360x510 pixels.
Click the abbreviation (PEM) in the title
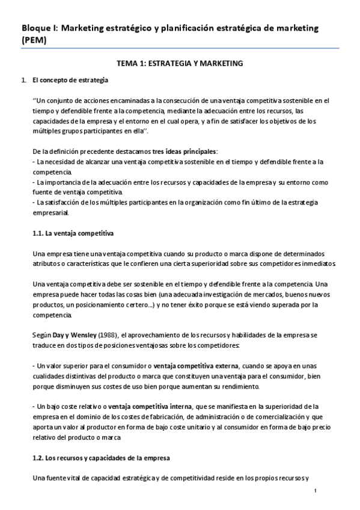tap(34, 40)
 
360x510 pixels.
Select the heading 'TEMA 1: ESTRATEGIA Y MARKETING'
tap(180, 63)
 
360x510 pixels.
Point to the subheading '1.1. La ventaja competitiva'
tap(73, 232)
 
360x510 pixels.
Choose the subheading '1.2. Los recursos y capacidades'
tap(101, 458)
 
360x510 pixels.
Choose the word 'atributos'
tap(47, 265)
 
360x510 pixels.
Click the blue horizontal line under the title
tap(180, 48)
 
